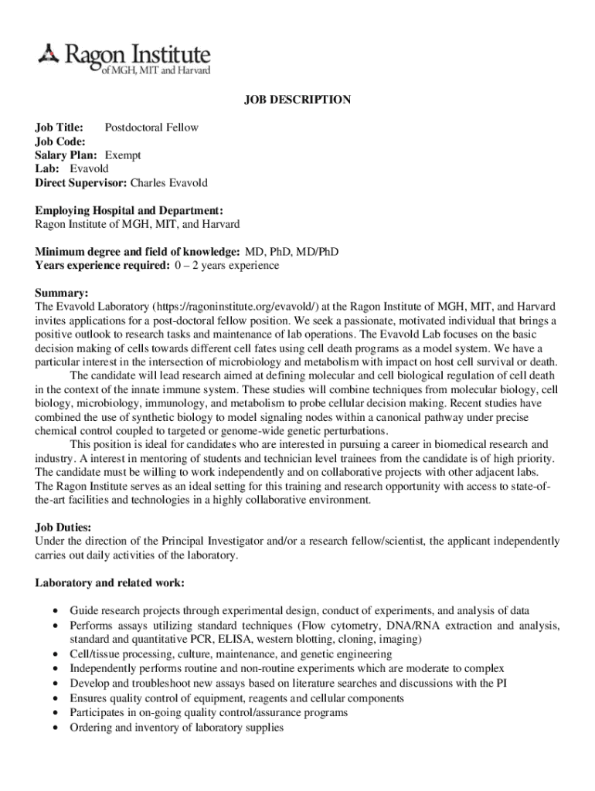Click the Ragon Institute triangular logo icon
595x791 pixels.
48,54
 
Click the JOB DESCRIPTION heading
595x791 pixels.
297,100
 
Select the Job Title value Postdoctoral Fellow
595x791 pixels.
151,127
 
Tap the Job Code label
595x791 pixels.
60,141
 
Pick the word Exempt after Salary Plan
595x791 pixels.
123,155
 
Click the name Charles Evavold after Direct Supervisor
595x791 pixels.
168,183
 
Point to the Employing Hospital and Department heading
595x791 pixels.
129,210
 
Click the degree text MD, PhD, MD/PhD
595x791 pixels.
291,252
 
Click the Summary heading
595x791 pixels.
62,294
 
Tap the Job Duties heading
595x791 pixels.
66,528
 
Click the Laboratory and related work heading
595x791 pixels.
109,582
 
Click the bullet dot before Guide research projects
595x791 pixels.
56,611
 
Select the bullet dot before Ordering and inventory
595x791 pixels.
56,728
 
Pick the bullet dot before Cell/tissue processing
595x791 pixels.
56,654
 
